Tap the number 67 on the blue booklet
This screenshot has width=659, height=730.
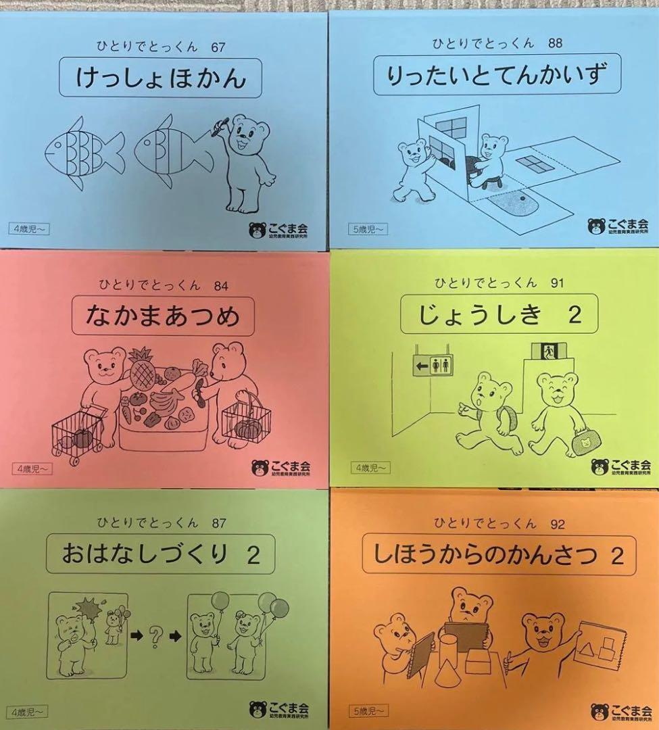pos(217,47)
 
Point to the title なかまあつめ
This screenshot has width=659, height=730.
pos(164,314)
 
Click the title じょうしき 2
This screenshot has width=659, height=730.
pos(491,314)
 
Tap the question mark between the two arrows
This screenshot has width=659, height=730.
pos(155,635)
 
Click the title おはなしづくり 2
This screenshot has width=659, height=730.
pos(160,556)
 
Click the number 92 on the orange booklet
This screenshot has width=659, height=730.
pos(557,523)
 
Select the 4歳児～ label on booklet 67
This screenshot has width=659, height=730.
pos(29,228)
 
